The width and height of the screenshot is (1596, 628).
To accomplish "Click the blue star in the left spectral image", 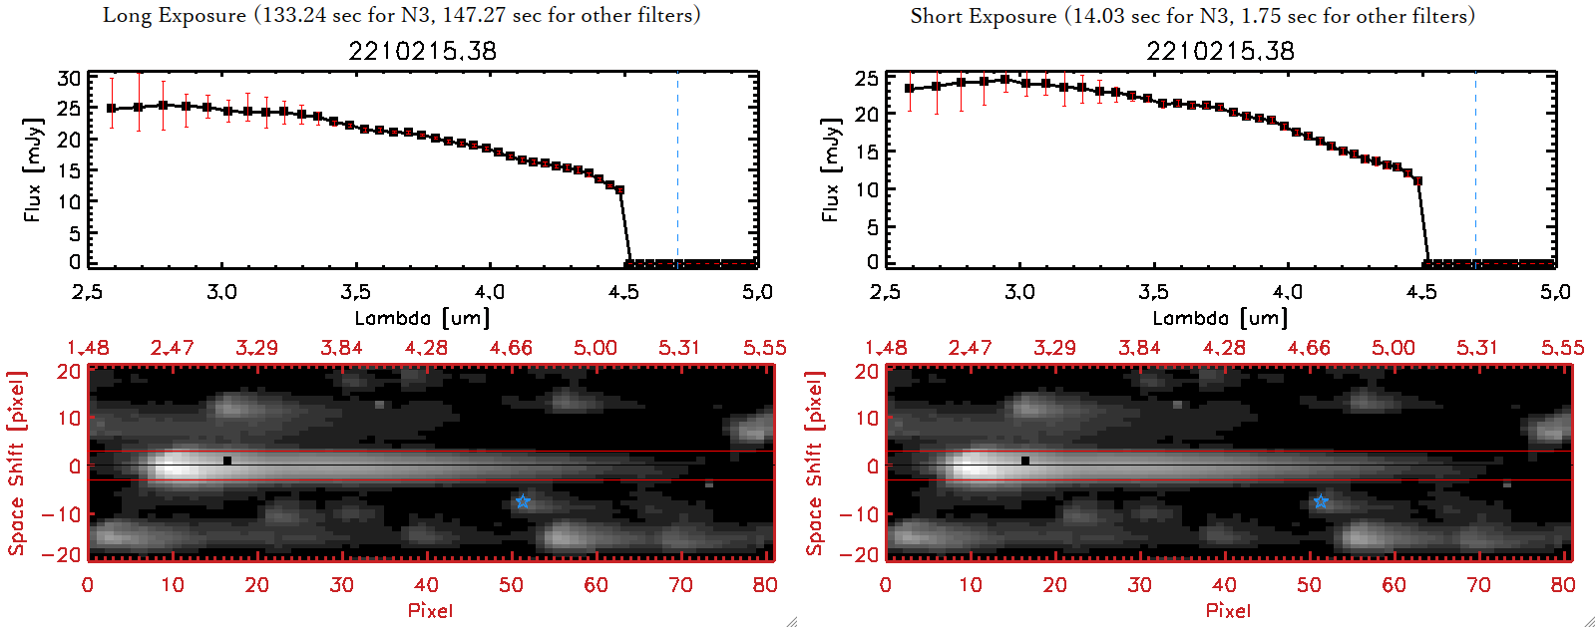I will point(522,500).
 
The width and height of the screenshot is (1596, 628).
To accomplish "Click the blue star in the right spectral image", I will point(1320,500).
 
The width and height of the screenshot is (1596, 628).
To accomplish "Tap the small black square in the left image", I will point(227,461).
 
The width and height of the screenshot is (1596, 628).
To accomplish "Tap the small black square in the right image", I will point(1025,461).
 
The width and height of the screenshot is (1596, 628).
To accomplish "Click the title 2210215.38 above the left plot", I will point(422,51).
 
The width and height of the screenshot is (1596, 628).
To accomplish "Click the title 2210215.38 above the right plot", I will point(1220,51).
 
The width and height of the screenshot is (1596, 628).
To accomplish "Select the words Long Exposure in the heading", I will point(175,15).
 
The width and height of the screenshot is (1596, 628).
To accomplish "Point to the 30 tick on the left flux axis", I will point(69,79).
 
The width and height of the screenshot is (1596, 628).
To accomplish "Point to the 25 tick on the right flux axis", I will point(867,79).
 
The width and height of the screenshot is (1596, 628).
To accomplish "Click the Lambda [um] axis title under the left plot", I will point(422,318).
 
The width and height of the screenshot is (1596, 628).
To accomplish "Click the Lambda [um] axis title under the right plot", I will point(1220,318).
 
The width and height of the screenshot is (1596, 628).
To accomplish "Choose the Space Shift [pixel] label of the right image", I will point(815,464).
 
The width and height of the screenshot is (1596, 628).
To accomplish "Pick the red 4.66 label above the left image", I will point(511,348).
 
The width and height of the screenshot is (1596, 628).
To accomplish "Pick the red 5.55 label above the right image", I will point(1562,348).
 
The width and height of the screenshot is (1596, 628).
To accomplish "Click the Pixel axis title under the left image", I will point(430,610).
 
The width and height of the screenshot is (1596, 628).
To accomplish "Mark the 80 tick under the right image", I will point(1563,585).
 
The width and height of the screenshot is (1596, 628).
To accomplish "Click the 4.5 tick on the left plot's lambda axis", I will point(623,292).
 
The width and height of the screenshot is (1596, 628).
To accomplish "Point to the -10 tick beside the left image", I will point(62,514).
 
